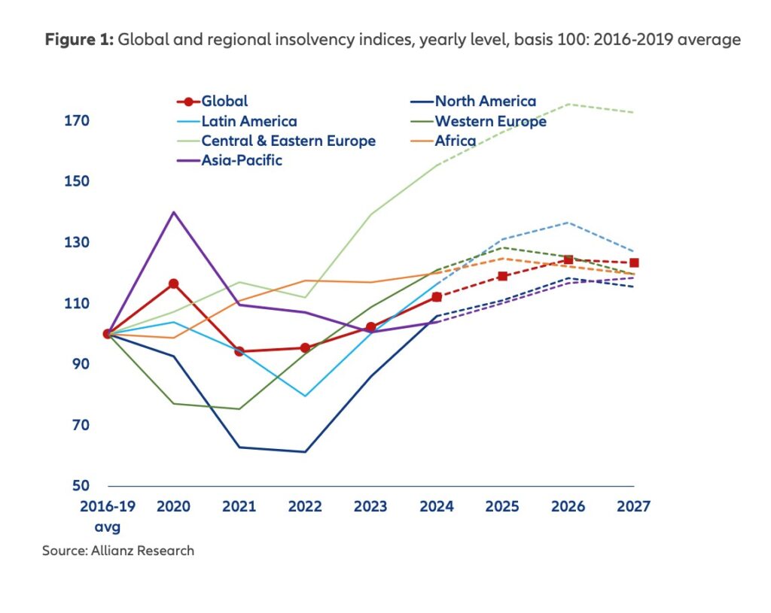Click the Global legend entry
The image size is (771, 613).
pyautogui.click(x=224, y=102)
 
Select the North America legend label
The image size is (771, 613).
pyautogui.click(x=485, y=102)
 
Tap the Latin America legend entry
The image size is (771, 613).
pyautogui.click(x=248, y=121)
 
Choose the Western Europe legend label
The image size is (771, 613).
pyautogui.click(x=490, y=121)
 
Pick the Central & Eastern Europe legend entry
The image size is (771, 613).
pyautogui.click(x=288, y=141)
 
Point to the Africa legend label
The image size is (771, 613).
pyautogui.click(x=455, y=141)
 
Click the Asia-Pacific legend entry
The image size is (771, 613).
pyautogui.click(x=241, y=159)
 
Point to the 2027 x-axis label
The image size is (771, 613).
pyautogui.click(x=633, y=506)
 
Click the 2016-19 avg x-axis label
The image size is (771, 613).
pyautogui.click(x=107, y=515)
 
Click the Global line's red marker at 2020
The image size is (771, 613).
pyautogui.click(x=173, y=284)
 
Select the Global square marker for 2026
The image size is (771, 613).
pyautogui.click(x=568, y=259)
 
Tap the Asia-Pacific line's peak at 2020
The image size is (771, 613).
pyautogui.click(x=173, y=212)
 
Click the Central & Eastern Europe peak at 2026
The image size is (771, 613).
pyautogui.click(x=568, y=104)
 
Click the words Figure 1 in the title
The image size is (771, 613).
pyautogui.click(x=78, y=40)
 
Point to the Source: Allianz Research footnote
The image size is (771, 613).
pyautogui.click(x=118, y=551)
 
